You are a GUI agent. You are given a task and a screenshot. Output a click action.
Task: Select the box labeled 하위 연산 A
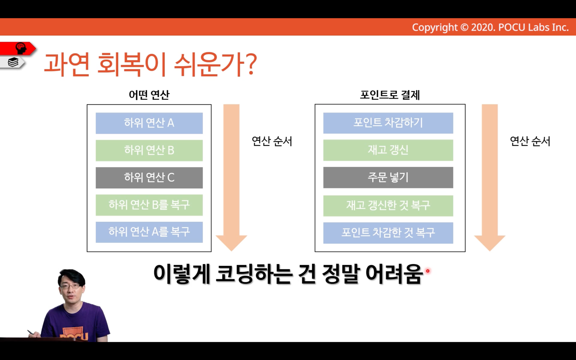[x=149, y=123]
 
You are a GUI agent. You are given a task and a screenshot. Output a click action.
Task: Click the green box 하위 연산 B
[x=149, y=150]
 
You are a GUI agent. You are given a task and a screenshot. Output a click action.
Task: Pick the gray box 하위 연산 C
[x=149, y=178]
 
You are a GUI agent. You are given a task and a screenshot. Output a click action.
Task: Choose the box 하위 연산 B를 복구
[x=149, y=205]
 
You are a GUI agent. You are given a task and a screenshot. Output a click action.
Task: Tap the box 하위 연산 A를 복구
[x=149, y=232]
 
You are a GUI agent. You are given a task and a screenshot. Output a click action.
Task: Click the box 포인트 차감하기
[x=388, y=123]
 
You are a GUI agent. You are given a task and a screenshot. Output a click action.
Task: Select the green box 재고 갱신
[x=388, y=150]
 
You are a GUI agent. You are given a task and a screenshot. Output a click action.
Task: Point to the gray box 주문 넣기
[x=388, y=178]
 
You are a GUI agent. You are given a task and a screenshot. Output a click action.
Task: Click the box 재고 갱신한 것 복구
[x=388, y=206]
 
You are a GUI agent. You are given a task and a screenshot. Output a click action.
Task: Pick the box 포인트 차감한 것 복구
[x=388, y=233]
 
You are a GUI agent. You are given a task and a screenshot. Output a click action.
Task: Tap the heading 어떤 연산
[x=149, y=95]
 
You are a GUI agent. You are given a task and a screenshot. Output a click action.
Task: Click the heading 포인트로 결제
[x=390, y=95]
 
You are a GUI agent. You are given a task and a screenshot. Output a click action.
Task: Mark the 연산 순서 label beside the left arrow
[x=272, y=141]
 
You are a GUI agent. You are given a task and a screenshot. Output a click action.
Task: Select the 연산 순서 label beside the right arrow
[x=530, y=141]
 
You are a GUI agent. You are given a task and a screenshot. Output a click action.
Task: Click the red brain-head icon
[x=21, y=48]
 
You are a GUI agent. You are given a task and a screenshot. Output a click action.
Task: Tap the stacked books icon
[x=13, y=62]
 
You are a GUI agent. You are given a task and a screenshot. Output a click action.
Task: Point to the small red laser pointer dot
[x=428, y=271]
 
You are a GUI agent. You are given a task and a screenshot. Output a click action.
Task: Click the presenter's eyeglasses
[x=70, y=286]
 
